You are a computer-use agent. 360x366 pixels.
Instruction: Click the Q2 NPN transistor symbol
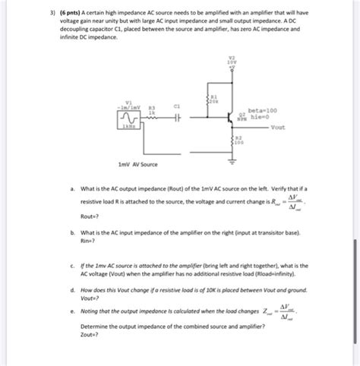point(227,118)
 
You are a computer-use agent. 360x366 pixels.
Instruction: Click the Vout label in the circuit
point(278,128)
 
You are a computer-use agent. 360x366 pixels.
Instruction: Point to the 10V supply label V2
point(232,60)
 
